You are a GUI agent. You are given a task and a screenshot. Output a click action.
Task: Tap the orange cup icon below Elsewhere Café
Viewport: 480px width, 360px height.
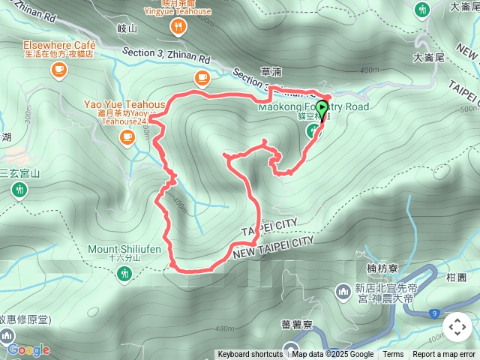tap(58, 69)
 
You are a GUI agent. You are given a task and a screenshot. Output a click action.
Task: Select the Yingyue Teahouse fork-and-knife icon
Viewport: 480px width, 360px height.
tap(178, 28)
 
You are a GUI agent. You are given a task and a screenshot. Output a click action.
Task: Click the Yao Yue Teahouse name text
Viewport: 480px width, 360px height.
tap(125, 105)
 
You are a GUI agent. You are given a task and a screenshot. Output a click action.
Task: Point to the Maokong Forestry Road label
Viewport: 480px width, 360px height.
tap(313, 106)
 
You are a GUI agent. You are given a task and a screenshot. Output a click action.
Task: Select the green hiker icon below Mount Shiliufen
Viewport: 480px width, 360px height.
tap(124, 275)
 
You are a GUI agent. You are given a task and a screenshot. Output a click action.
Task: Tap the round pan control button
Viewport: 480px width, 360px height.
tap(457, 327)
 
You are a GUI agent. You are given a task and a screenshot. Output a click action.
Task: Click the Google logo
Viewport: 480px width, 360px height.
tap(28, 349)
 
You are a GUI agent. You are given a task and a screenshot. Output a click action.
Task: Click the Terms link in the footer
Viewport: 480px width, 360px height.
tap(393, 355)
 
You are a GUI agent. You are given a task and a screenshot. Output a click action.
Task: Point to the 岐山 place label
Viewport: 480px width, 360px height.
tap(128, 28)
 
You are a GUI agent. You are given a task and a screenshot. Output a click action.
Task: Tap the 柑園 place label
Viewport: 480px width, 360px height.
tap(457, 277)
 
